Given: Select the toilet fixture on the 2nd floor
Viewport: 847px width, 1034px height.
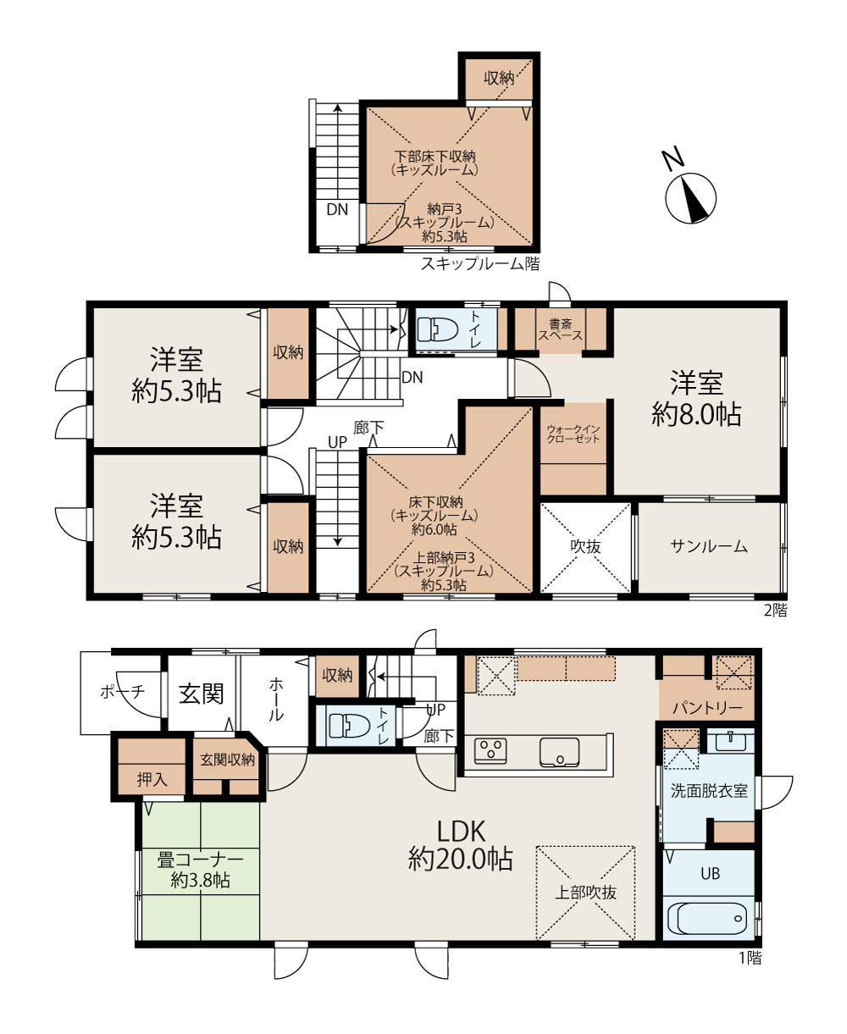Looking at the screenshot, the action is tap(437, 329).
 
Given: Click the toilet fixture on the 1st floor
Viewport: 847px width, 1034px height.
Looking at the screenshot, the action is tap(349, 725).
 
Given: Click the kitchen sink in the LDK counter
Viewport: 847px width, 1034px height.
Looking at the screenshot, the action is tap(559, 752).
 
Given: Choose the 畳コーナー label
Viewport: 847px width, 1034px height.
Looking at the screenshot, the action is tap(200, 860).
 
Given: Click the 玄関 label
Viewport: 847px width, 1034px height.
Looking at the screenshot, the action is tap(201, 694).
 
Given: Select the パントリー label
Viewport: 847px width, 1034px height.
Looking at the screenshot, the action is tap(708, 708).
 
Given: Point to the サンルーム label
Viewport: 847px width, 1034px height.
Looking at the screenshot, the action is tap(709, 546).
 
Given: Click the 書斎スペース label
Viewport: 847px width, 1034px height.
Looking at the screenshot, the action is tap(561, 329).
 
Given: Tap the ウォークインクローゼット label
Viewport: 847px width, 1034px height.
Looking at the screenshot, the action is tap(573, 434).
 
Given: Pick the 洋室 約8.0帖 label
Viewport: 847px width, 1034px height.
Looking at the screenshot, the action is tap(696, 399).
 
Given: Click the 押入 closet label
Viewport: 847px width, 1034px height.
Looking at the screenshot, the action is tap(152, 779).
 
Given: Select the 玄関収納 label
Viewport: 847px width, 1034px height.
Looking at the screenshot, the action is tap(227, 760).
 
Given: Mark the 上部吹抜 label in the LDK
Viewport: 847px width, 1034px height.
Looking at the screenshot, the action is tap(585, 893).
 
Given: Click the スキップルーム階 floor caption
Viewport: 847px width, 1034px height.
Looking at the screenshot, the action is tap(480, 263).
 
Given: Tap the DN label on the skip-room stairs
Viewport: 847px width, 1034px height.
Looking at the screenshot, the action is tap(337, 210).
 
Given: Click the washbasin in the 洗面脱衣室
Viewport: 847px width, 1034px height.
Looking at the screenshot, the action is tap(731, 742).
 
